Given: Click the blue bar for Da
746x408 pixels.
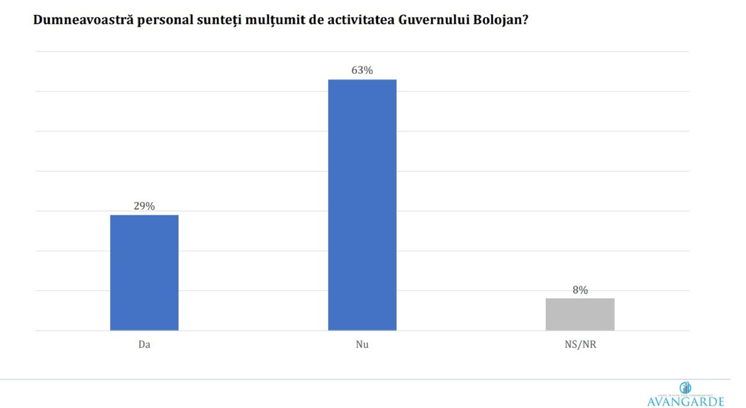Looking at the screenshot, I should point(144,272).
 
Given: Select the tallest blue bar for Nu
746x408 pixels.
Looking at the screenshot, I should point(362,205).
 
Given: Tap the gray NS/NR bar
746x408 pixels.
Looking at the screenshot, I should point(580,314).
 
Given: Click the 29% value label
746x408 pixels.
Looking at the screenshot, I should point(144,206).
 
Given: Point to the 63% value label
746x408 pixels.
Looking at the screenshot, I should point(362,70).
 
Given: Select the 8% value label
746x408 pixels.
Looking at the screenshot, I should point(580,289).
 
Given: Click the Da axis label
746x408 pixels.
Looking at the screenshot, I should point(144,344).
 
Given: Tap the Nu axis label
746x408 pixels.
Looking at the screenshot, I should point(362,344).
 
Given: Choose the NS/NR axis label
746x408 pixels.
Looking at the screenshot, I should point(580,344).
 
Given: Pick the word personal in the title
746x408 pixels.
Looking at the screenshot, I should point(147,20).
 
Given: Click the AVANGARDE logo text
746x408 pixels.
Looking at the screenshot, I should point(686,401).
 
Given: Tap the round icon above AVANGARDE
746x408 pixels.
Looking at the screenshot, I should point(686,387).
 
